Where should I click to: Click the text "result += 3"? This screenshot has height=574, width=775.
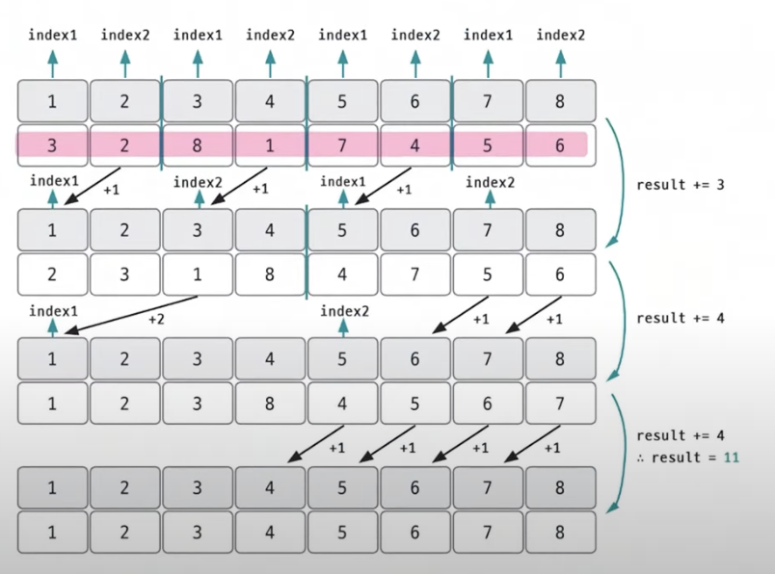(681, 185)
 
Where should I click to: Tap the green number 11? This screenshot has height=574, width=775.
(732, 457)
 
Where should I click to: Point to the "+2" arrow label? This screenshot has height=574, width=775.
(156, 319)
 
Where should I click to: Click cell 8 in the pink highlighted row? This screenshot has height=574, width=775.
(198, 145)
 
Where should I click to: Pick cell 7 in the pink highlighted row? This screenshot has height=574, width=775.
(342, 145)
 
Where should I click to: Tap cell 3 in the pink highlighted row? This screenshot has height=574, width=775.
(52, 145)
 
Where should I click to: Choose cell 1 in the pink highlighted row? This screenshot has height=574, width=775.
(270, 145)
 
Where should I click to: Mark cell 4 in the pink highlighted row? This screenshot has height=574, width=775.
(414, 145)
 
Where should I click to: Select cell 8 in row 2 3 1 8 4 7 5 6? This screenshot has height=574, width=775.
(270, 274)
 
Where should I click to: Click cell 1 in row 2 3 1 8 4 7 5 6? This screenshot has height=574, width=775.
(198, 274)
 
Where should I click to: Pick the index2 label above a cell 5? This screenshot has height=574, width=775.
(342, 311)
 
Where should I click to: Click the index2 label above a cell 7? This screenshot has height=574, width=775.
(488, 181)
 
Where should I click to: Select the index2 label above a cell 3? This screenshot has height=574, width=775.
(198, 181)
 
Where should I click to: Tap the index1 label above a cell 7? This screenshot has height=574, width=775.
(488, 35)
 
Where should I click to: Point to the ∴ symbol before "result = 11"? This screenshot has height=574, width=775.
(640, 458)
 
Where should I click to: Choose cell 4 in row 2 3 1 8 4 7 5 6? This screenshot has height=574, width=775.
(342, 274)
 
